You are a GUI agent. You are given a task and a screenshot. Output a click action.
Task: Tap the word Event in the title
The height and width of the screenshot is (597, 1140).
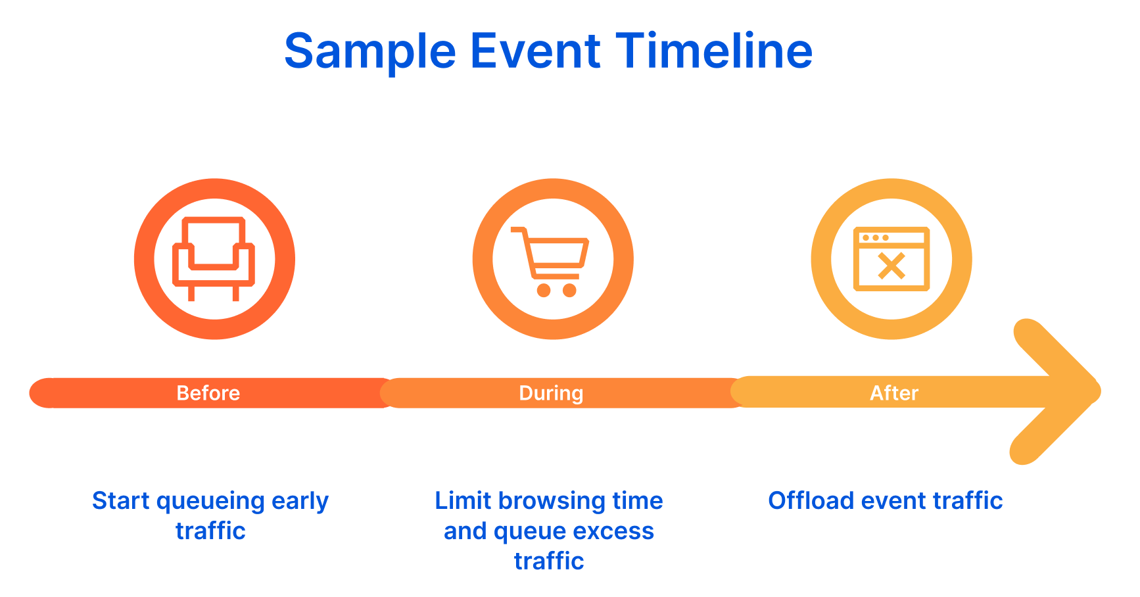point(535,51)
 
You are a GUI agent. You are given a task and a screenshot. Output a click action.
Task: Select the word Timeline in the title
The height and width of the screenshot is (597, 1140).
point(714,51)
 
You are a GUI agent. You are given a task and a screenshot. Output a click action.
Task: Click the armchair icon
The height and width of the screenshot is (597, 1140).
point(214,258)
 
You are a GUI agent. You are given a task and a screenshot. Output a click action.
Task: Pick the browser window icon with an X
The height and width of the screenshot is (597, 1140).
point(891,259)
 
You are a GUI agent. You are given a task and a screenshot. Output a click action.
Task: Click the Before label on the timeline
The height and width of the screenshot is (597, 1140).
point(208,393)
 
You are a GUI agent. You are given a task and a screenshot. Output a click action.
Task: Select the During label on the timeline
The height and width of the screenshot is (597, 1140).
point(551,393)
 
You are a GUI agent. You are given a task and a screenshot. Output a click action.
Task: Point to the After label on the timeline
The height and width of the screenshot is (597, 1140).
point(894,393)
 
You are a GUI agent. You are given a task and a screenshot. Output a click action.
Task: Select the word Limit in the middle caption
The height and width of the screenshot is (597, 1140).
point(463,501)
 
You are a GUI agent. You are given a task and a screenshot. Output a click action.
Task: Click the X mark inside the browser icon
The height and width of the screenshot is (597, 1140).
point(891,266)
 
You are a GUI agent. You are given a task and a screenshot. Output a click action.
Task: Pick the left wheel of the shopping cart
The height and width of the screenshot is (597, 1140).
point(544,290)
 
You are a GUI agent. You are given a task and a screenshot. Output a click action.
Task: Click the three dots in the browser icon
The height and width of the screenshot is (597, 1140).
point(876,237)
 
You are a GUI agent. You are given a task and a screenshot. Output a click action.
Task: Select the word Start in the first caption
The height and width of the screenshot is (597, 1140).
point(120,501)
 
